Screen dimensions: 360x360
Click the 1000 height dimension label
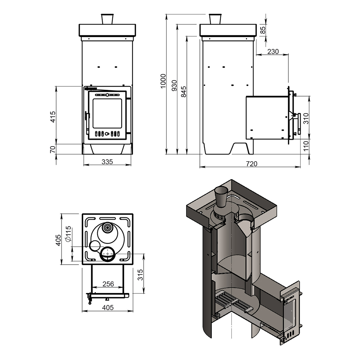(x=163, y=81)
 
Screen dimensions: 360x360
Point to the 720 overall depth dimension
(x=252, y=164)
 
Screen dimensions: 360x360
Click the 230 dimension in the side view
(x=273, y=51)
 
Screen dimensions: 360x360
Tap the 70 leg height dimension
(x=53, y=149)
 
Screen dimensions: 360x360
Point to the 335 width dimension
(x=107, y=162)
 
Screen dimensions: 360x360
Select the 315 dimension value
(x=141, y=276)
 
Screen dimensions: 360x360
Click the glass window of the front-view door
(x=107, y=113)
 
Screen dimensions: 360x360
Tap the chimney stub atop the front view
(x=107, y=19)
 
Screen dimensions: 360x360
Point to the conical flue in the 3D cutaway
(x=221, y=197)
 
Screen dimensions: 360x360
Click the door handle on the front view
(x=86, y=116)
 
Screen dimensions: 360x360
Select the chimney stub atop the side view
(x=215, y=19)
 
